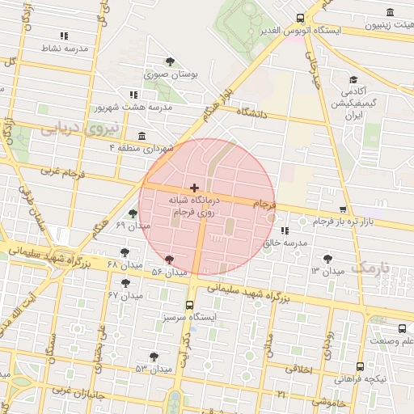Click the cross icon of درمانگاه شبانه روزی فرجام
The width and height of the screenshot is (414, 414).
194,188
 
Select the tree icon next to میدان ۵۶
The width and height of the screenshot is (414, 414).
169,260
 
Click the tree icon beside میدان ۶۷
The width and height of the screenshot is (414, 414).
125,282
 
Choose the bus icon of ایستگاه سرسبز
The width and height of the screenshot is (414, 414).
190,306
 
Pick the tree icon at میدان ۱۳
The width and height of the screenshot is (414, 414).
327,259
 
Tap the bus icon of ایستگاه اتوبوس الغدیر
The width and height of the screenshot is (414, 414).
301,18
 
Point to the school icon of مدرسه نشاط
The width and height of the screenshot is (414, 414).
64,36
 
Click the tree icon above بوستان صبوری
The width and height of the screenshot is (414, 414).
169,61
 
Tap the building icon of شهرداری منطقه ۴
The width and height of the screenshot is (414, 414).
143,136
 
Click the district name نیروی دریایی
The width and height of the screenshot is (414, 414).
81,127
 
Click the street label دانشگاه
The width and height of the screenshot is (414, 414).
251,114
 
